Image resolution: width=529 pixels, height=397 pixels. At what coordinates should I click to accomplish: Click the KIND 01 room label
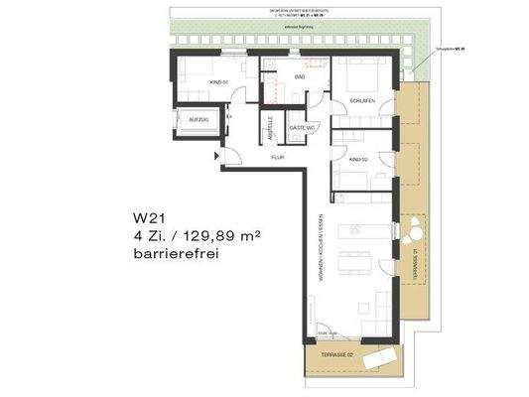tap(217, 83)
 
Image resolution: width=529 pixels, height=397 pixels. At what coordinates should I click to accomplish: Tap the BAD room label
tap(299, 75)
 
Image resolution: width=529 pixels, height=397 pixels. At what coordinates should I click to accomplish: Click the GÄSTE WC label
tap(301, 129)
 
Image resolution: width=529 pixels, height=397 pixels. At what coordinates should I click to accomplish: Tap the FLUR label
tap(280, 157)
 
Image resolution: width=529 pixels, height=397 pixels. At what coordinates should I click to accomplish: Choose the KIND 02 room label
tap(358, 159)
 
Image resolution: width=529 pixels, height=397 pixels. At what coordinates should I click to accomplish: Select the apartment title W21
tap(150, 216)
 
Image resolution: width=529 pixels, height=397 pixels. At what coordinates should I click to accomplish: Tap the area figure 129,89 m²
tap(209, 235)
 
